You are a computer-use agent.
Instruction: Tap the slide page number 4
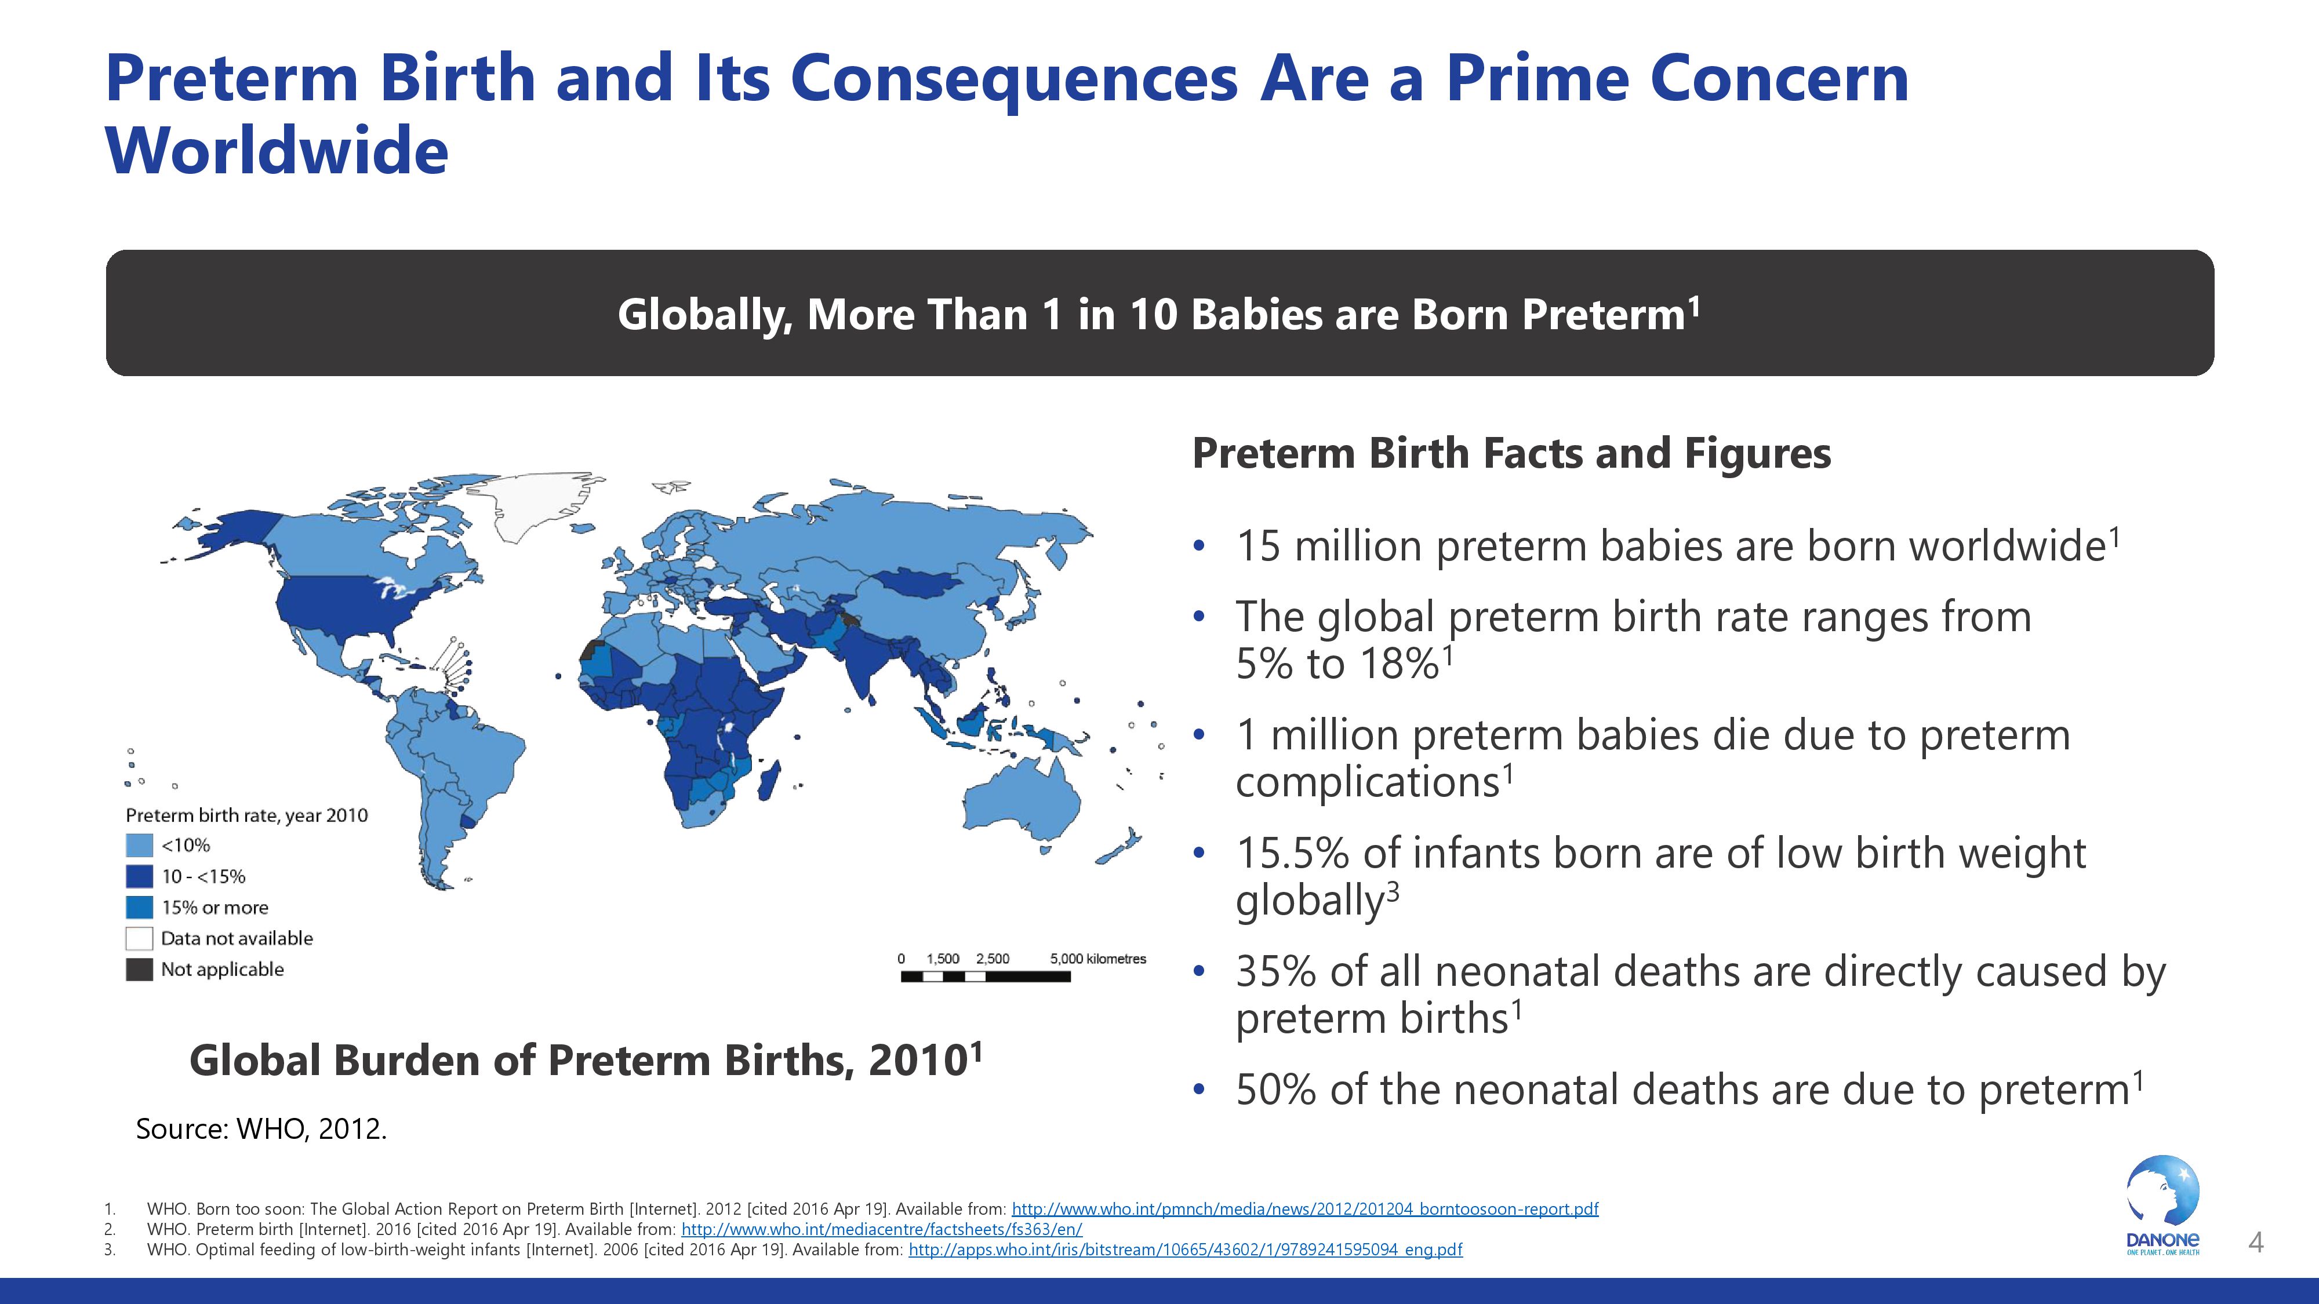[2256, 1243]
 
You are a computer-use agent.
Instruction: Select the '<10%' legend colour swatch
[140, 845]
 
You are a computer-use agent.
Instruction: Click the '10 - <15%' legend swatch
[140, 876]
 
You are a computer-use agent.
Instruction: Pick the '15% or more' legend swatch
[140, 907]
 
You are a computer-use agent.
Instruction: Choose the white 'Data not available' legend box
[140, 939]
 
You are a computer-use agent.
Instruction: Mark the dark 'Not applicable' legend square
[140, 969]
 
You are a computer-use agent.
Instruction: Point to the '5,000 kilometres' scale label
[1098, 959]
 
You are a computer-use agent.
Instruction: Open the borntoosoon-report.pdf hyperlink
[1306, 1208]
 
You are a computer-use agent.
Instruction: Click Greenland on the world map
[531, 504]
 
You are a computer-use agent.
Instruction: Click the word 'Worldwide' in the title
[277, 150]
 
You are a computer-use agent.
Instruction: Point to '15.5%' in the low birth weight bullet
[1292, 853]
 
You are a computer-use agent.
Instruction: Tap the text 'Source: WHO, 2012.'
[261, 1128]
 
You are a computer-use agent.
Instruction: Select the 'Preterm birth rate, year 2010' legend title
[246, 815]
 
